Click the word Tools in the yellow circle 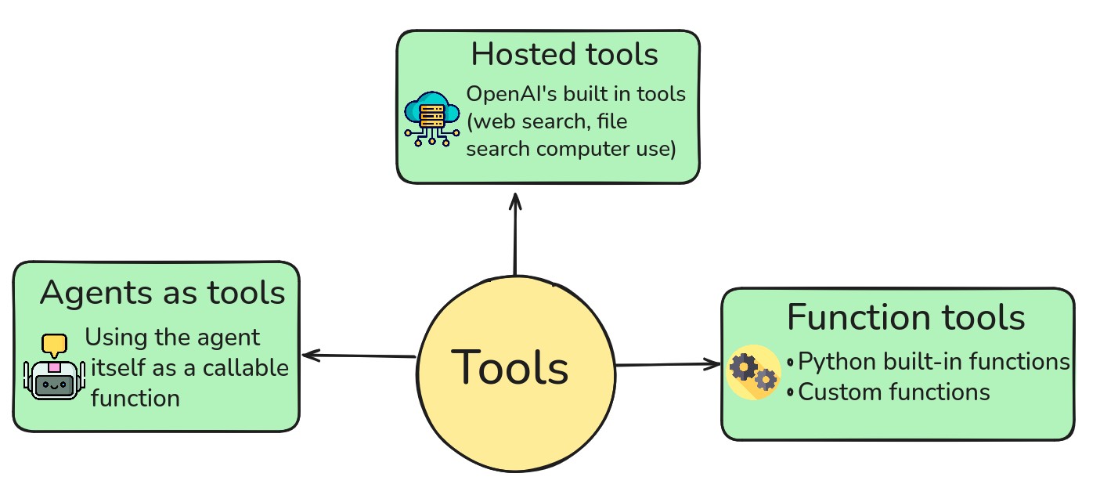point(510,367)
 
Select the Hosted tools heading point(564,55)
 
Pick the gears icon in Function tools point(753,372)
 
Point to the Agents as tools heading point(162,293)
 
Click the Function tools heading point(905,317)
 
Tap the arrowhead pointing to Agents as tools point(310,356)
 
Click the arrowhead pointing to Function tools point(714,363)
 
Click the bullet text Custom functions point(894,391)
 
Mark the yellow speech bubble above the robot point(54,344)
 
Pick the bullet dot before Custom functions point(791,392)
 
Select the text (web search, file point(546,121)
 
